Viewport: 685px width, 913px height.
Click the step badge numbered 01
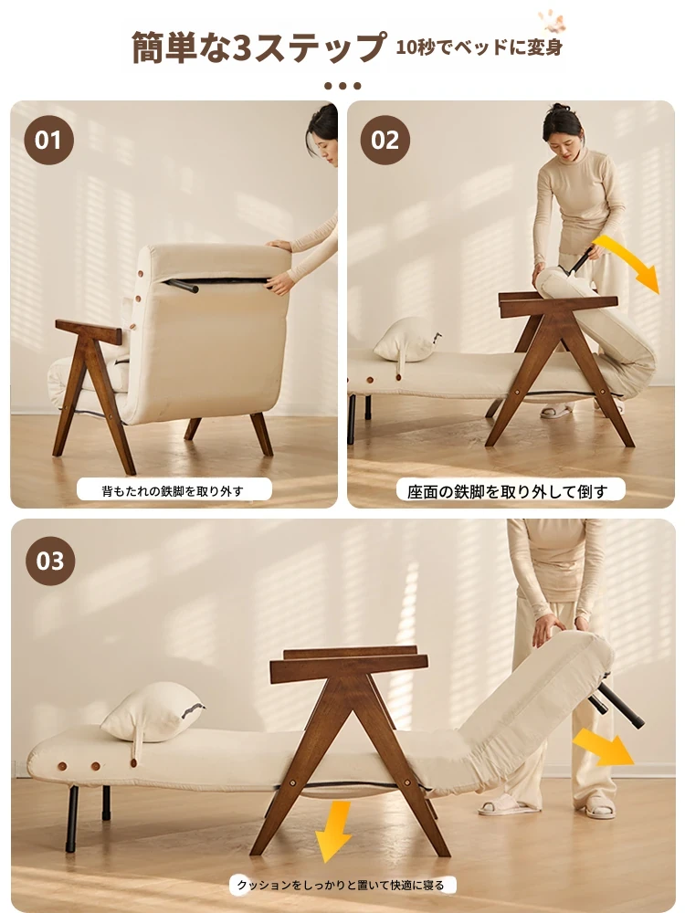[x=49, y=140]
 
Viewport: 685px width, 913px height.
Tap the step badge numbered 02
[x=385, y=140]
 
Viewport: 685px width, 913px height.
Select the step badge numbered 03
[x=50, y=561]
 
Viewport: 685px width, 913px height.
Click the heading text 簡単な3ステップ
[x=258, y=47]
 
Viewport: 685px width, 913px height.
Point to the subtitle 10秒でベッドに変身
[x=479, y=47]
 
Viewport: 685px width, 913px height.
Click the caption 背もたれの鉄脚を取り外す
[x=173, y=491]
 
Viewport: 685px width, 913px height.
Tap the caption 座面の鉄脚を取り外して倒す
[x=507, y=491]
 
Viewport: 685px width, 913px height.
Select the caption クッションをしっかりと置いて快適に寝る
[x=340, y=885]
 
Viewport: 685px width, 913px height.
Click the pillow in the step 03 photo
[x=153, y=713]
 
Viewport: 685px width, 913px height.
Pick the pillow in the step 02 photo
[x=406, y=340]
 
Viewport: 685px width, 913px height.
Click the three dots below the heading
[x=342, y=86]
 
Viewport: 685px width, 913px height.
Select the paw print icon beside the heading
[x=552, y=22]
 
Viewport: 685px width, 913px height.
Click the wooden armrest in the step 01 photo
[x=89, y=331]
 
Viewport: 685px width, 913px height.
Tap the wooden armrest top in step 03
[x=350, y=664]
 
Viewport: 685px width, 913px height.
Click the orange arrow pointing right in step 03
[x=603, y=748]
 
